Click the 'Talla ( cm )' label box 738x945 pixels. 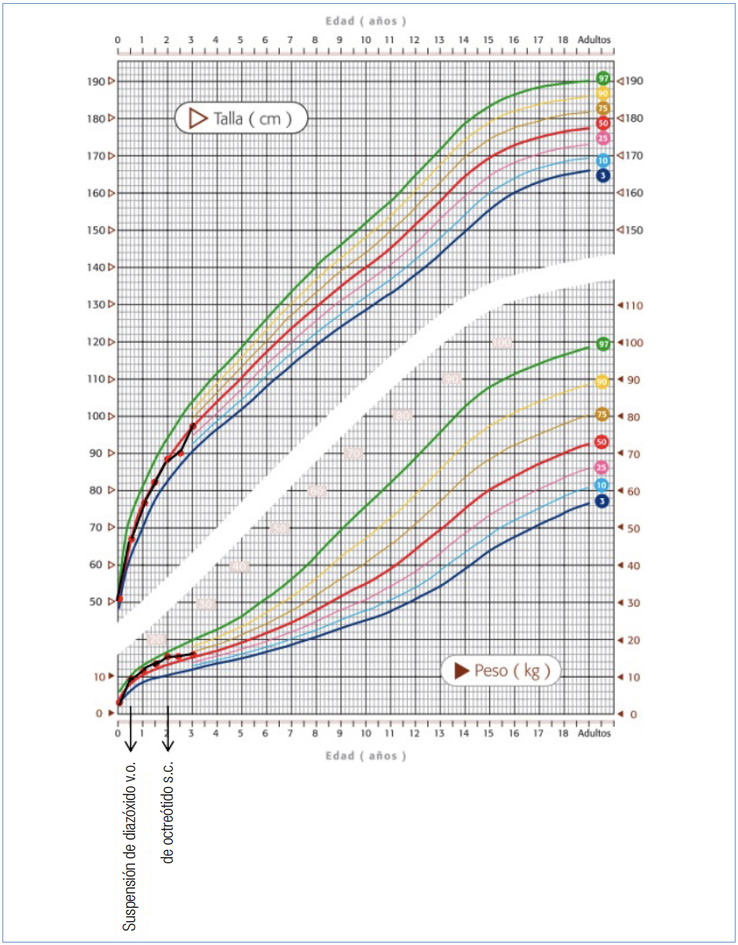(242, 118)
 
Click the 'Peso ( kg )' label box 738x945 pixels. (500, 671)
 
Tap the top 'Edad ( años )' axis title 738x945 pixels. (365, 21)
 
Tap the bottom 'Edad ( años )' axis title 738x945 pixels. (365, 755)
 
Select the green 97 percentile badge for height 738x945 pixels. (603, 78)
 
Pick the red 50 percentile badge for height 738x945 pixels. (603, 123)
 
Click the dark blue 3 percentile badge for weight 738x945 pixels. (602, 501)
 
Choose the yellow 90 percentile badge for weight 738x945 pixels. (602, 382)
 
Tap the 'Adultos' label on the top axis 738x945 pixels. (594, 40)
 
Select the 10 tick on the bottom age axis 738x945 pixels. (365, 733)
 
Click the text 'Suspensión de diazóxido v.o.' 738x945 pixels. (129, 846)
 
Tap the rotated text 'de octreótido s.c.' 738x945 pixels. (168, 812)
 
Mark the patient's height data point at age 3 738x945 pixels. (193, 426)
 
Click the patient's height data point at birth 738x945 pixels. (119, 599)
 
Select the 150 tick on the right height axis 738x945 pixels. (633, 230)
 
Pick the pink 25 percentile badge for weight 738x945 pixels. (601, 467)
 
